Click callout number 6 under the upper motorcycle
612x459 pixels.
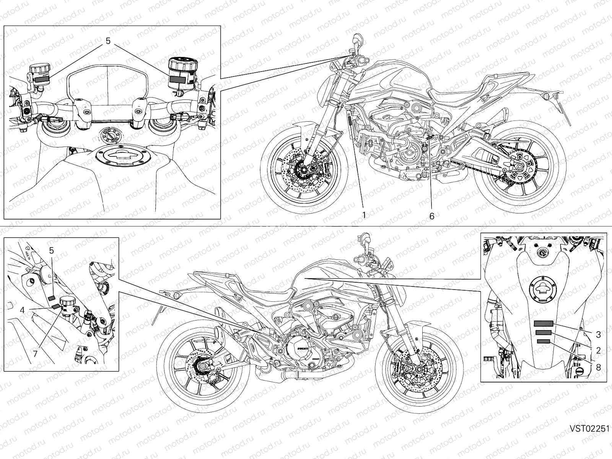point(432,216)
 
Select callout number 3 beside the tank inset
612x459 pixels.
point(599,335)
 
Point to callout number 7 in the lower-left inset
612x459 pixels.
point(35,354)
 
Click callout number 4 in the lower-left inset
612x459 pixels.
point(23,310)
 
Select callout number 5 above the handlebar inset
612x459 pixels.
point(108,41)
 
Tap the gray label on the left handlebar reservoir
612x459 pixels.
point(43,79)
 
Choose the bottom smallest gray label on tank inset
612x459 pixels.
point(544,341)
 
